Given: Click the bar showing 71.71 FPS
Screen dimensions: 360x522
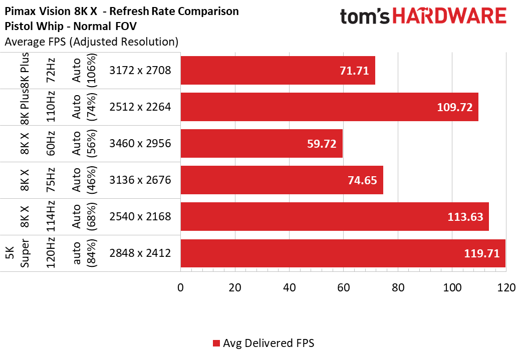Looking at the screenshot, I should [278, 71].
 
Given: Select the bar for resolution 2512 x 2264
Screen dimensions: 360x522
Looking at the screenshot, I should [329, 107].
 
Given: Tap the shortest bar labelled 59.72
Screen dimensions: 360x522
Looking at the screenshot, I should [261, 144].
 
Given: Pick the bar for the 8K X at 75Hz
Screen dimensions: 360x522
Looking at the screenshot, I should [282, 180].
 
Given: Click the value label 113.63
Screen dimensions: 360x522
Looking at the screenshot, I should [466, 217].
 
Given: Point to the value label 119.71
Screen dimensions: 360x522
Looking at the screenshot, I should [482, 253].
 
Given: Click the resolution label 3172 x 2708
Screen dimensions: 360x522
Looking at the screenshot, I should [140, 71].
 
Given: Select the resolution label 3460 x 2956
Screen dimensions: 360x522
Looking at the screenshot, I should [140, 144].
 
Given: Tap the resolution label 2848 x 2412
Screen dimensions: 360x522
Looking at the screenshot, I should [140, 253].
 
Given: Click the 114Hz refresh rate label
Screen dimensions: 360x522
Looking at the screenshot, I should [50, 217].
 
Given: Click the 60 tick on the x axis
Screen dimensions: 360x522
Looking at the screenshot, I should [343, 288].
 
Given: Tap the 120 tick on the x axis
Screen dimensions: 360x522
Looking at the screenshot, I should [506, 288].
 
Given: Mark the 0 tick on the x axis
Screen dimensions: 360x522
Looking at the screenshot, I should [180, 288].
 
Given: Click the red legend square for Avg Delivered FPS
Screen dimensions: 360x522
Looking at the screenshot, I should [216, 343].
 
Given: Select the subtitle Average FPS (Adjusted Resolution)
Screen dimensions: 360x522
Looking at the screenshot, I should [91, 42].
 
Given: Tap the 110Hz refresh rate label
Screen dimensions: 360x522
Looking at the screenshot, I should [50, 107].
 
